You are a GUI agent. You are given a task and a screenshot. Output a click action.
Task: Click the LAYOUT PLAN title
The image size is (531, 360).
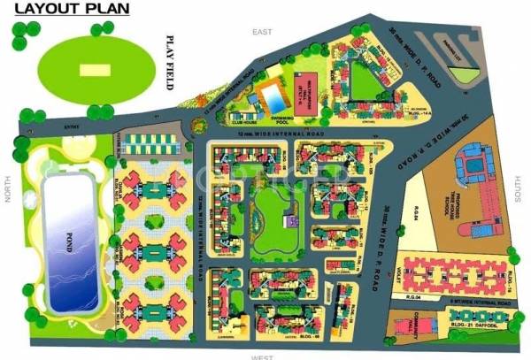click(x=70, y=11)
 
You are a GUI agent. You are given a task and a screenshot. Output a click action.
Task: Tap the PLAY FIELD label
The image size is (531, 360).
click(x=171, y=64)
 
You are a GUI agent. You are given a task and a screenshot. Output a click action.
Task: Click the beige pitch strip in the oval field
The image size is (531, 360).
click(x=89, y=69)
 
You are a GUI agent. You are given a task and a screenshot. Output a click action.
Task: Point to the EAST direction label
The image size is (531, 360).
click(x=259, y=32)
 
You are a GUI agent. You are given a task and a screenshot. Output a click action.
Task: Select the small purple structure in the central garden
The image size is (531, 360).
click(x=289, y=222)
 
